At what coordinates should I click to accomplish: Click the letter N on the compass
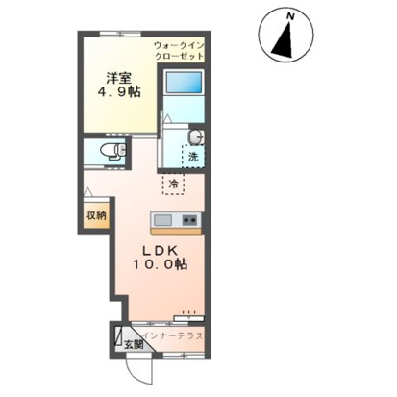coord(290,16)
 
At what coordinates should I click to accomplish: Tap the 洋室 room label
coord(119,79)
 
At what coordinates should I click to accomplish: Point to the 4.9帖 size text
coord(119,92)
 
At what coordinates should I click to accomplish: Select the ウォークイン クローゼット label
coord(179,51)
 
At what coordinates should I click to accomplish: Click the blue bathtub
coord(184,83)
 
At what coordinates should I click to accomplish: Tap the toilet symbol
coord(113,151)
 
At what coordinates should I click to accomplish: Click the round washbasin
coord(196,137)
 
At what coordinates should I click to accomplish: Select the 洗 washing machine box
coord(193,157)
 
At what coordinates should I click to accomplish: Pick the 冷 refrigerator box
coord(173,184)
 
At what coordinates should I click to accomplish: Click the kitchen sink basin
coord(163,220)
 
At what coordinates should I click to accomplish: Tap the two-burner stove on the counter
coord(189,220)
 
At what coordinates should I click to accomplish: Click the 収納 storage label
coord(95,215)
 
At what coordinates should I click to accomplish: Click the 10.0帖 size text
coord(161,264)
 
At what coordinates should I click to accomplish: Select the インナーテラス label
coord(172,335)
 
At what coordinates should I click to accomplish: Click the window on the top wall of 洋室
coord(120,34)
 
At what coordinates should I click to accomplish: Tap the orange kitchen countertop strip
coord(176,231)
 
